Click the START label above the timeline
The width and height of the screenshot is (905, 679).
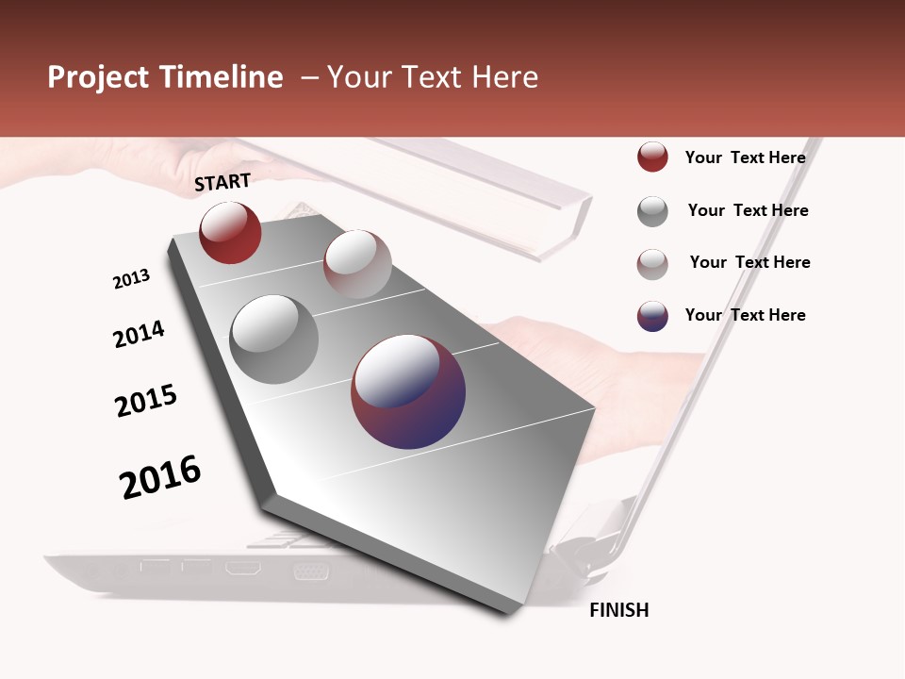pos(222,182)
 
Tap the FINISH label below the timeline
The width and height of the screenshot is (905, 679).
pos(618,610)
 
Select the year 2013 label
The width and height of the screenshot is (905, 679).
pos(131,278)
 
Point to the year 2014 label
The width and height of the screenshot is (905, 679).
pos(139,334)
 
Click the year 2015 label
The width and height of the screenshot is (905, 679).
pos(146,401)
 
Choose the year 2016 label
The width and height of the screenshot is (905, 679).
pos(160,476)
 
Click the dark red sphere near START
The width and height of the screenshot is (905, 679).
pos(230,232)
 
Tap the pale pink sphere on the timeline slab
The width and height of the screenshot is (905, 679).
pos(357,263)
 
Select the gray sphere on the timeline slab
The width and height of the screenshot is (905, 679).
pos(273,339)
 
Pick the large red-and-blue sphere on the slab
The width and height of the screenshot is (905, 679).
pos(408,391)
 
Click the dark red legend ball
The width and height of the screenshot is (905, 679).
pos(652,157)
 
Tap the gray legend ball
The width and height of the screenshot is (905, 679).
pos(652,211)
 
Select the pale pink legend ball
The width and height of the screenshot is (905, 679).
pos(652,263)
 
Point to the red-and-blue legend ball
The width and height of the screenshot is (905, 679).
pos(652,316)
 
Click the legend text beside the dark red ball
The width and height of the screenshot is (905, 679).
pos(745,157)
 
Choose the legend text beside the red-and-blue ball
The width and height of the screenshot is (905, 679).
pos(745,315)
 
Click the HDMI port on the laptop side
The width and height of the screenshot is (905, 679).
pos(242,569)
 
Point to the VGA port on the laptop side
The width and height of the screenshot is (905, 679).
pos(310,571)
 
